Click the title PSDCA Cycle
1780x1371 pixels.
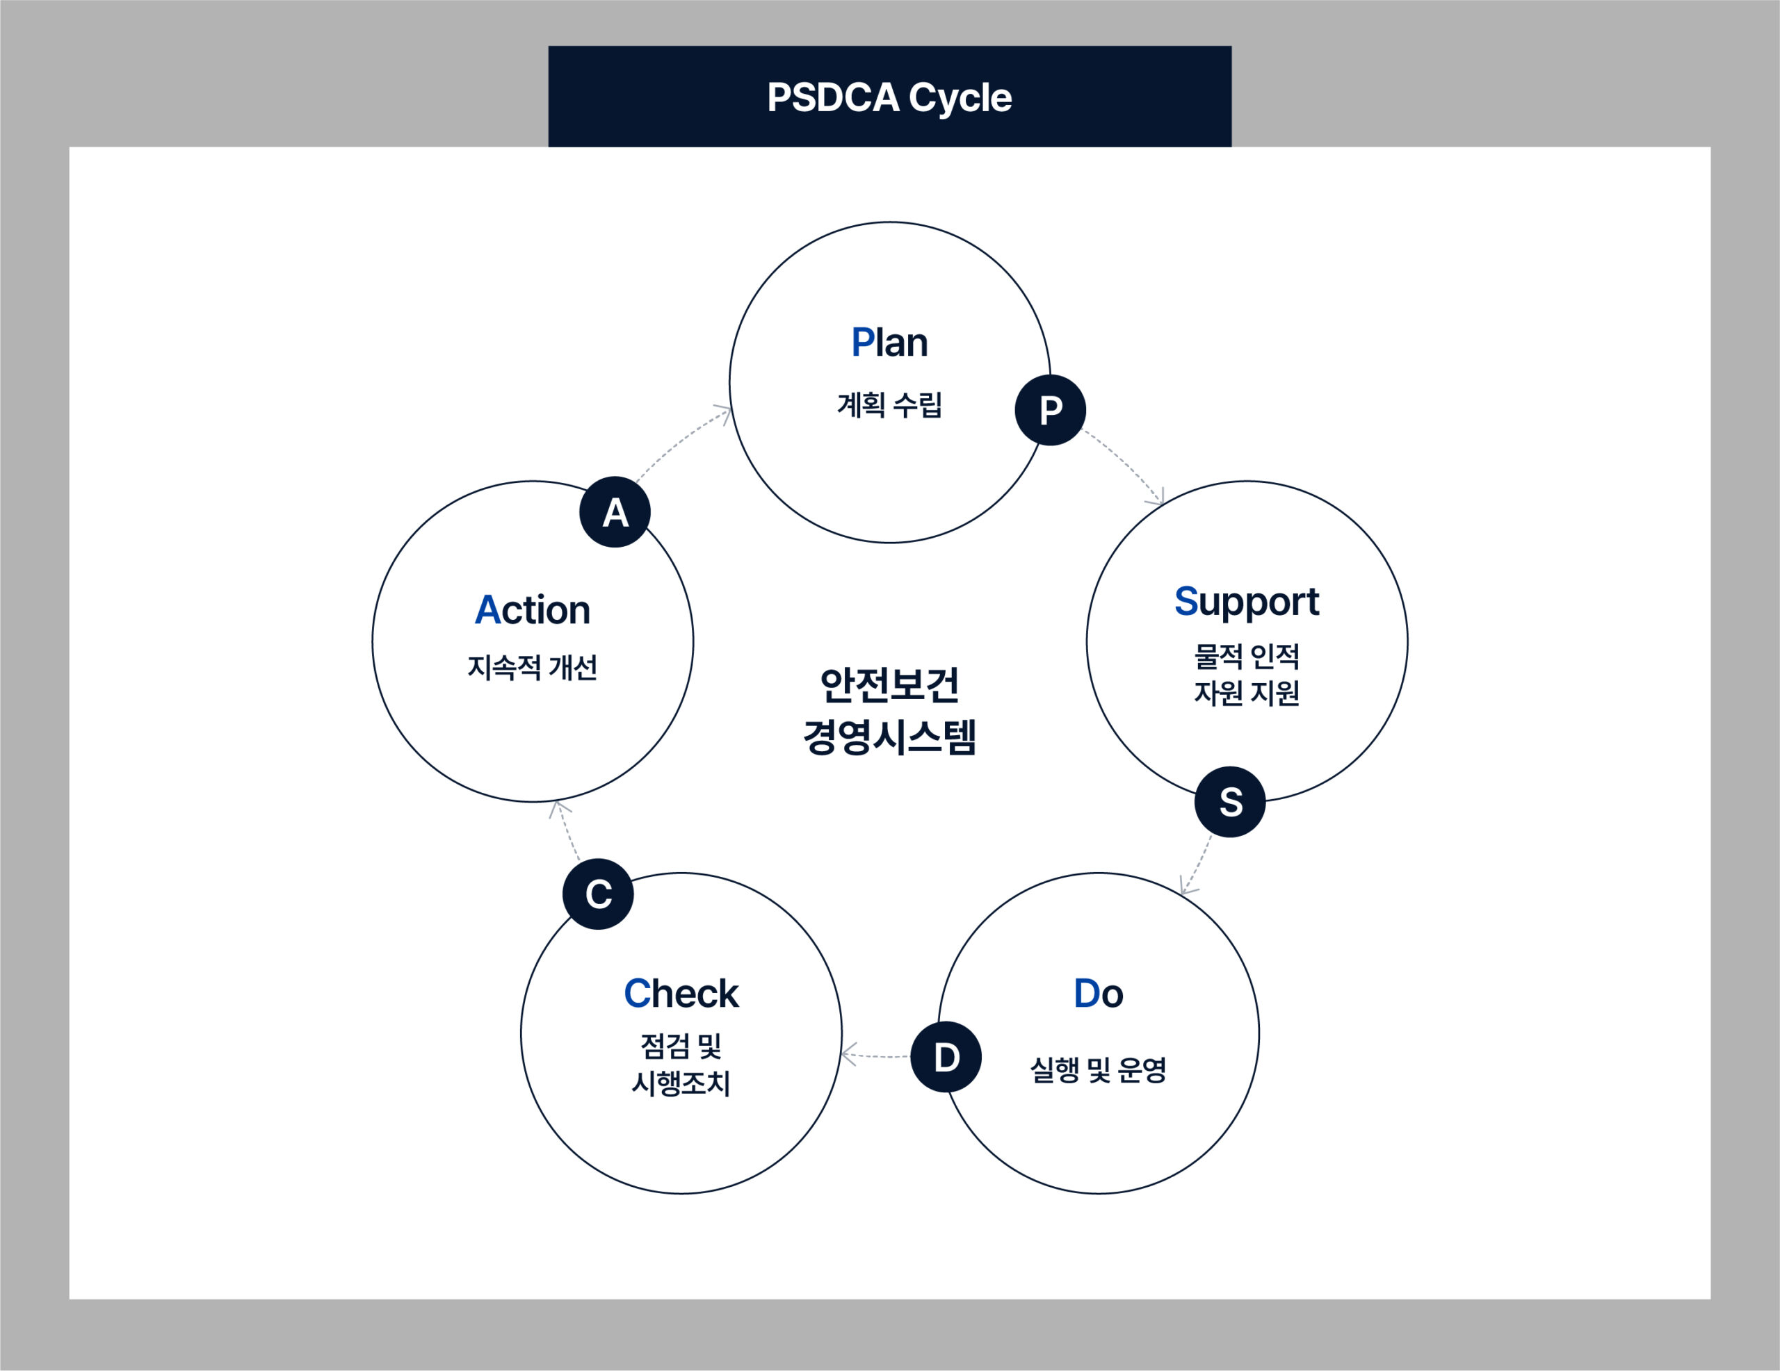click(889, 98)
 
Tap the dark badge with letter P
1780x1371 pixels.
click(1051, 410)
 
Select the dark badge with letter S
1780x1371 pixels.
click(1230, 803)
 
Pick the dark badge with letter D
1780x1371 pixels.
click(946, 1056)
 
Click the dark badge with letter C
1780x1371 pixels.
click(598, 894)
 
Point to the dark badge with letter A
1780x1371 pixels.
click(615, 511)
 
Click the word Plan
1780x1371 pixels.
click(889, 342)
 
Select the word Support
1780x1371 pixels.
click(1246, 601)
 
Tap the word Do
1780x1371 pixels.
click(1098, 994)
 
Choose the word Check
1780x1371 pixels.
click(681, 994)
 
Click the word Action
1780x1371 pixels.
click(532, 610)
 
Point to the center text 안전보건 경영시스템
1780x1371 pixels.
click(889, 710)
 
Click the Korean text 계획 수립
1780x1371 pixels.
click(889, 404)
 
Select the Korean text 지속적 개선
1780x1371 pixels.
click(532, 667)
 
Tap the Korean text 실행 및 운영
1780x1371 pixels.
click(1098, 1069)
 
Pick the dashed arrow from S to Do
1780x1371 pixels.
click(1197, 865)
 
